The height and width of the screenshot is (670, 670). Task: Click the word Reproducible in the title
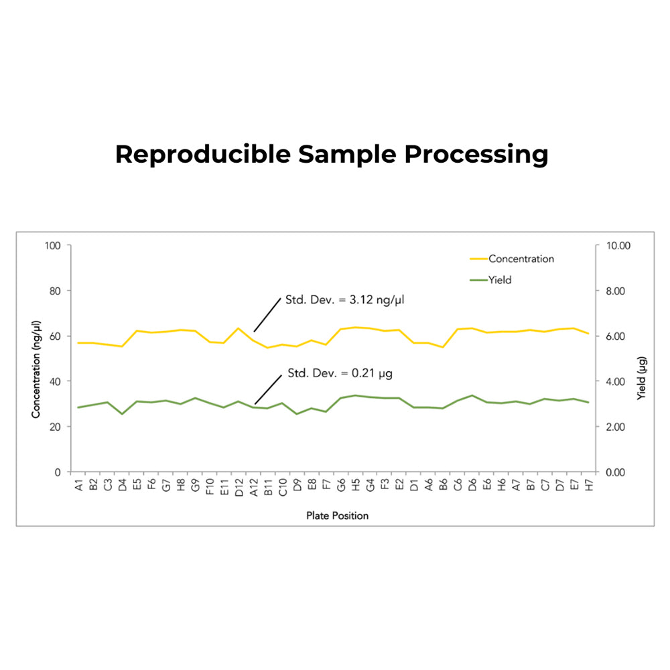click(202, 155)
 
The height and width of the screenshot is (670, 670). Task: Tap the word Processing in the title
click(476, 155)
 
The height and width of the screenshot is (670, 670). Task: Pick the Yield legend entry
click(499, 280)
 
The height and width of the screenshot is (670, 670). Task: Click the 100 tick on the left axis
click(54, 245)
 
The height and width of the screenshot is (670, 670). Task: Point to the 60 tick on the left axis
click(56, 336)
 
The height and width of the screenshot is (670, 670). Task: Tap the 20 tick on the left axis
click(56, 427)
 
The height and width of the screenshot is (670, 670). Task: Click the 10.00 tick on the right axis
click(618, 245)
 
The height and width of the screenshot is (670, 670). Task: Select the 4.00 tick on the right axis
click(616, 381)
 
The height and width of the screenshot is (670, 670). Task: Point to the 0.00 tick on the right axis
click(616, 472)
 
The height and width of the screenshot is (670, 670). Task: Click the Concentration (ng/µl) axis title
click(36, 359)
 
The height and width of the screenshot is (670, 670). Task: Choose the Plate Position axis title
click(337, 516)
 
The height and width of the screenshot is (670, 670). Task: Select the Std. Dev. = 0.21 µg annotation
click(340, 373)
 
